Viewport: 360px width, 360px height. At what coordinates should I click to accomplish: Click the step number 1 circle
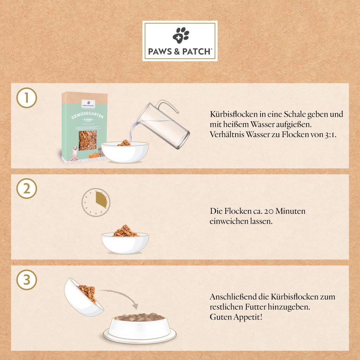(26, 98)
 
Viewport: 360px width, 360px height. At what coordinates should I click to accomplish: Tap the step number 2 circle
(26, 189)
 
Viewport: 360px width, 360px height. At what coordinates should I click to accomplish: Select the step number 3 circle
(26, 280)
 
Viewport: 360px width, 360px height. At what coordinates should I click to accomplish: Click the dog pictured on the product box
(74, 153)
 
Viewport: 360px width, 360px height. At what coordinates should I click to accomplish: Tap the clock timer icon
(96, 203)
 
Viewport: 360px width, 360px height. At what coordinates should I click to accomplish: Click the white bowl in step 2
(125, 243)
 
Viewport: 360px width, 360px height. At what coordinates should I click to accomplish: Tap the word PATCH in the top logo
(197, 52)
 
